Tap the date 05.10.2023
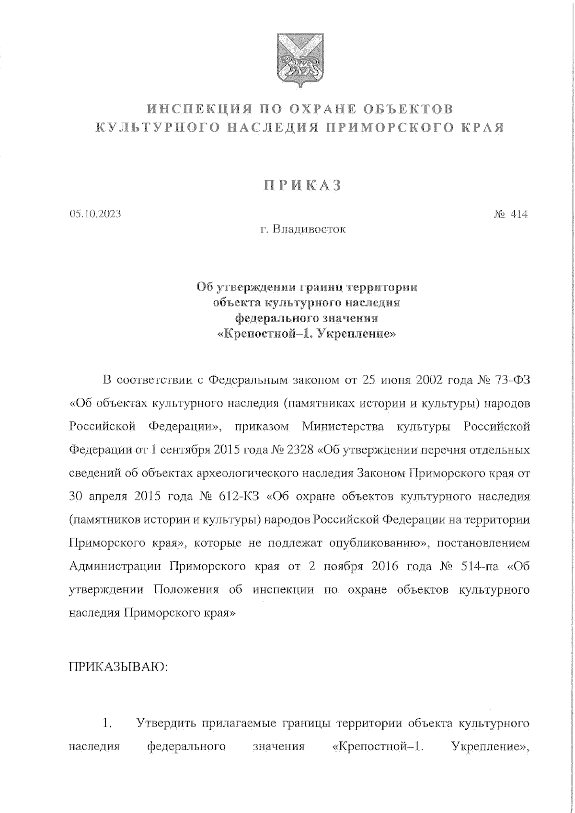95,214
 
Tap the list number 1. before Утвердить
107,723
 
